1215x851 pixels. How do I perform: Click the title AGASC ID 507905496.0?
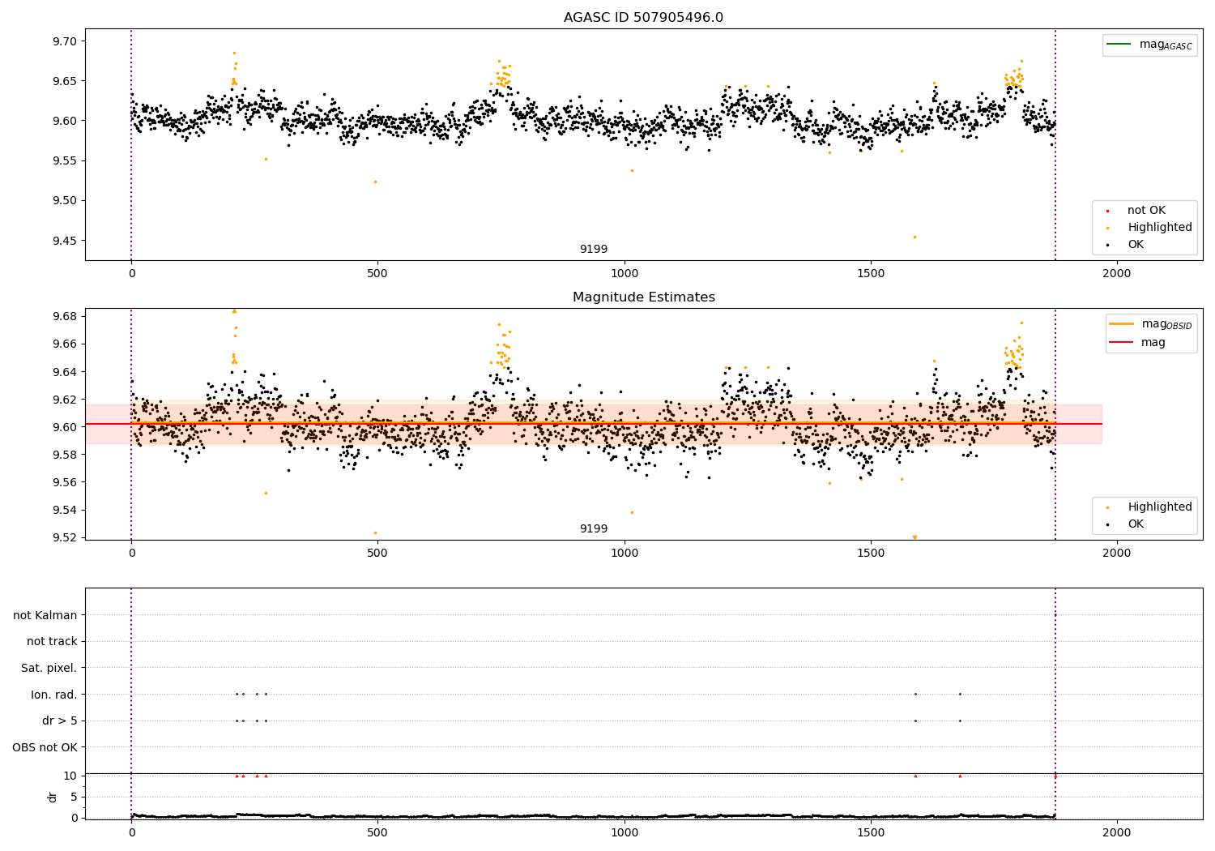pyautogui.click(x=643, y=18)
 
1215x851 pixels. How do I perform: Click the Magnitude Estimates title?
pyautogui.click(x=643, y=297)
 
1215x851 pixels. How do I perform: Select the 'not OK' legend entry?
pyautogui.click(x=1146, y=211)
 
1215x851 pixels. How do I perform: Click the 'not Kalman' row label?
pyautogui.click(x=45, y=615)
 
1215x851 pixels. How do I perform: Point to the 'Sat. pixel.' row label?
pyautogui.click(x=49, y=668)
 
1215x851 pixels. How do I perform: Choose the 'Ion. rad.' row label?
pyautogui.click(x=54, y=695)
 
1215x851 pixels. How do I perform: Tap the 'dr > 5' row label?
pyautogui.click(x=60, y=721)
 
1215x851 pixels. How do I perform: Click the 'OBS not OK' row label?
pyautogui.click(x=45, y=747)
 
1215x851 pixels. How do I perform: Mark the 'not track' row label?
pyautogui.click(x=52, y=641)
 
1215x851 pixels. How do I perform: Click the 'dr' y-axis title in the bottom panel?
pyautogui.click(x=53, y=797)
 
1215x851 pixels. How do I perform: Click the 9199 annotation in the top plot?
pyautogui.click(x=593, y=250)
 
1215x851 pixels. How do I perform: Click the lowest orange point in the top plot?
pyautogui.click(x=914, y=237)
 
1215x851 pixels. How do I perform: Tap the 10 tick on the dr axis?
pyautogui.click(x=70, y=776)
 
